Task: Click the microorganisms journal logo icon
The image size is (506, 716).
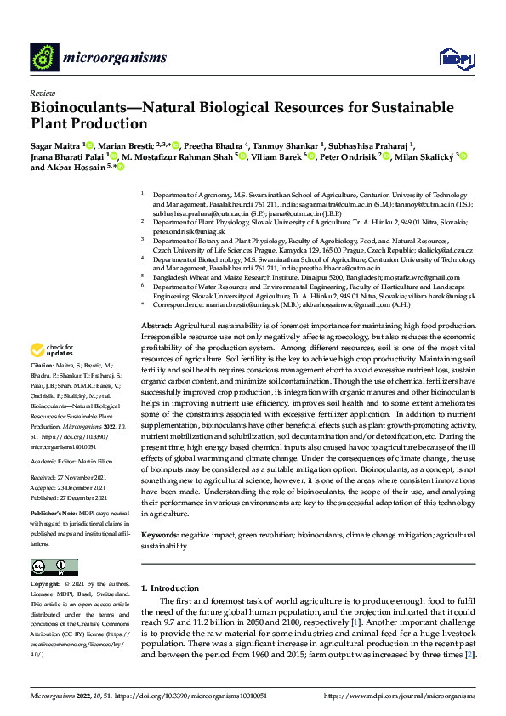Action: pyautogui.click(x=44, y=57)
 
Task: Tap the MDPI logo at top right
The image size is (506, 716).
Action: pyautogui.click(x=451, y=58)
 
